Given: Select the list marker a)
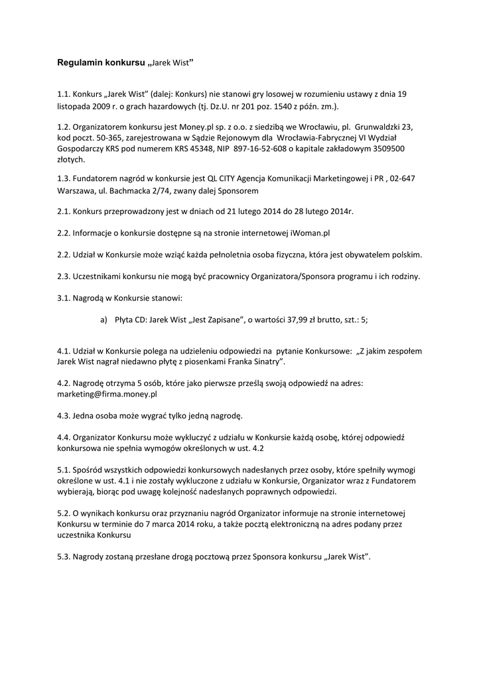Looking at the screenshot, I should point(104,319).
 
